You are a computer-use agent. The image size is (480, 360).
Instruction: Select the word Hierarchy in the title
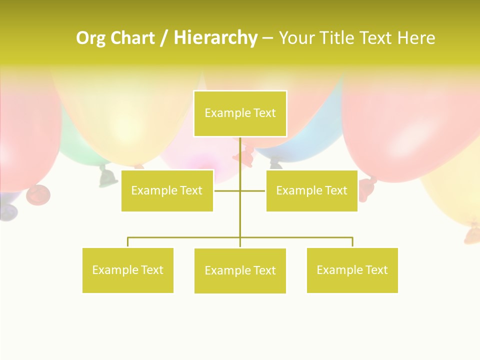(215, 38)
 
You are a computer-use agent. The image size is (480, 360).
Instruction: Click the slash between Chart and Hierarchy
(164, 38)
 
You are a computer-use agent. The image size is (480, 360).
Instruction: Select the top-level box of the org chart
(240, 113)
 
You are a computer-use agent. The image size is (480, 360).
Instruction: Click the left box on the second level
(167, 190)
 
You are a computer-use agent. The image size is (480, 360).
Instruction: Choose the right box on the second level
(311, 190)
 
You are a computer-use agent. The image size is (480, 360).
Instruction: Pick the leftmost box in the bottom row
(127, 270)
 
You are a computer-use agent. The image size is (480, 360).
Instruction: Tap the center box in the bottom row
(240, 270)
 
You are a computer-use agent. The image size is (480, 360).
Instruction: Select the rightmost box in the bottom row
(352, 270)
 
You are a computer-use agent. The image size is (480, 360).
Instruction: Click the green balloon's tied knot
(106, 176)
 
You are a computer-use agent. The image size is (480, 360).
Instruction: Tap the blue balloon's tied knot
(275, 162)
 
